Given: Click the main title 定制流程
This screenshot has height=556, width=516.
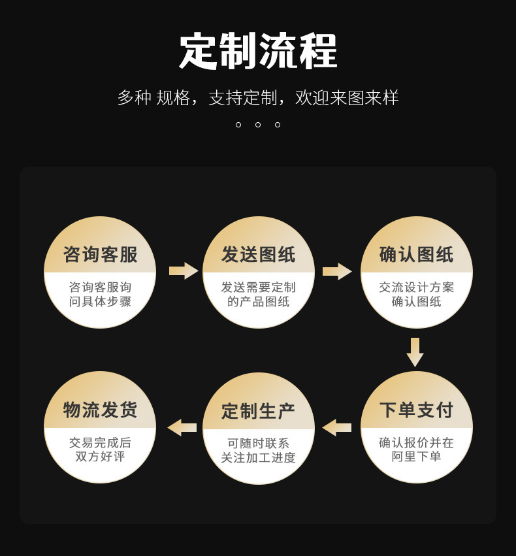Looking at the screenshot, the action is [258, 51].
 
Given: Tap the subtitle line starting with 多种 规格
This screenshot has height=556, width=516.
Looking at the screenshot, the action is [258, 98].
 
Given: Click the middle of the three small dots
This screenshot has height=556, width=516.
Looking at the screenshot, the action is [258, 124].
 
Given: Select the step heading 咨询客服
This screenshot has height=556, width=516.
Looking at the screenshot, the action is [101, 254].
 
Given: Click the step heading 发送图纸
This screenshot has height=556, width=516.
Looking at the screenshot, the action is [259, 254].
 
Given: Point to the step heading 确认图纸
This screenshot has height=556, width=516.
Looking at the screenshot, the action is [417, 254].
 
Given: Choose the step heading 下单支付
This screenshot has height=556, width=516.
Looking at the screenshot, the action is [417, 410].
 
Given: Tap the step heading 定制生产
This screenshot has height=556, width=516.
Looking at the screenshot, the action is [259, 411].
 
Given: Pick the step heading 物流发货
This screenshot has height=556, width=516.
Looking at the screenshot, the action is [101, 410].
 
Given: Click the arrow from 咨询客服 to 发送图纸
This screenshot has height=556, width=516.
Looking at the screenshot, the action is [184, 270].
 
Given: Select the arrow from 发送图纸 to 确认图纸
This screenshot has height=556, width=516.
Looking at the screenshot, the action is [337, 270].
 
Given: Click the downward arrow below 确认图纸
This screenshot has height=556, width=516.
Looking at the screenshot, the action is [415, 352].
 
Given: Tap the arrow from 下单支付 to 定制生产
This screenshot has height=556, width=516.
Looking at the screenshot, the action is [337, 428].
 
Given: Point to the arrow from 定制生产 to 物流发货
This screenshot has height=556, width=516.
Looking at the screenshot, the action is [182, 428].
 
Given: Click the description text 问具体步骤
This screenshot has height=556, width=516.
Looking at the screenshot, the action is [101, 302].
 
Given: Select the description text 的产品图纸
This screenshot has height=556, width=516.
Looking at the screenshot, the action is [259, 302].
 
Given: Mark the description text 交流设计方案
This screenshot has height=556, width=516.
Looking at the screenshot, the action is [417, 287].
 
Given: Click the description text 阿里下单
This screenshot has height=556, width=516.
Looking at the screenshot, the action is [417, 457].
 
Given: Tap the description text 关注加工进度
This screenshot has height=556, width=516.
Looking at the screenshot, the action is [259, 458].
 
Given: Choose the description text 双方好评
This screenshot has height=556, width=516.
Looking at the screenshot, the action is [101, 457].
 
